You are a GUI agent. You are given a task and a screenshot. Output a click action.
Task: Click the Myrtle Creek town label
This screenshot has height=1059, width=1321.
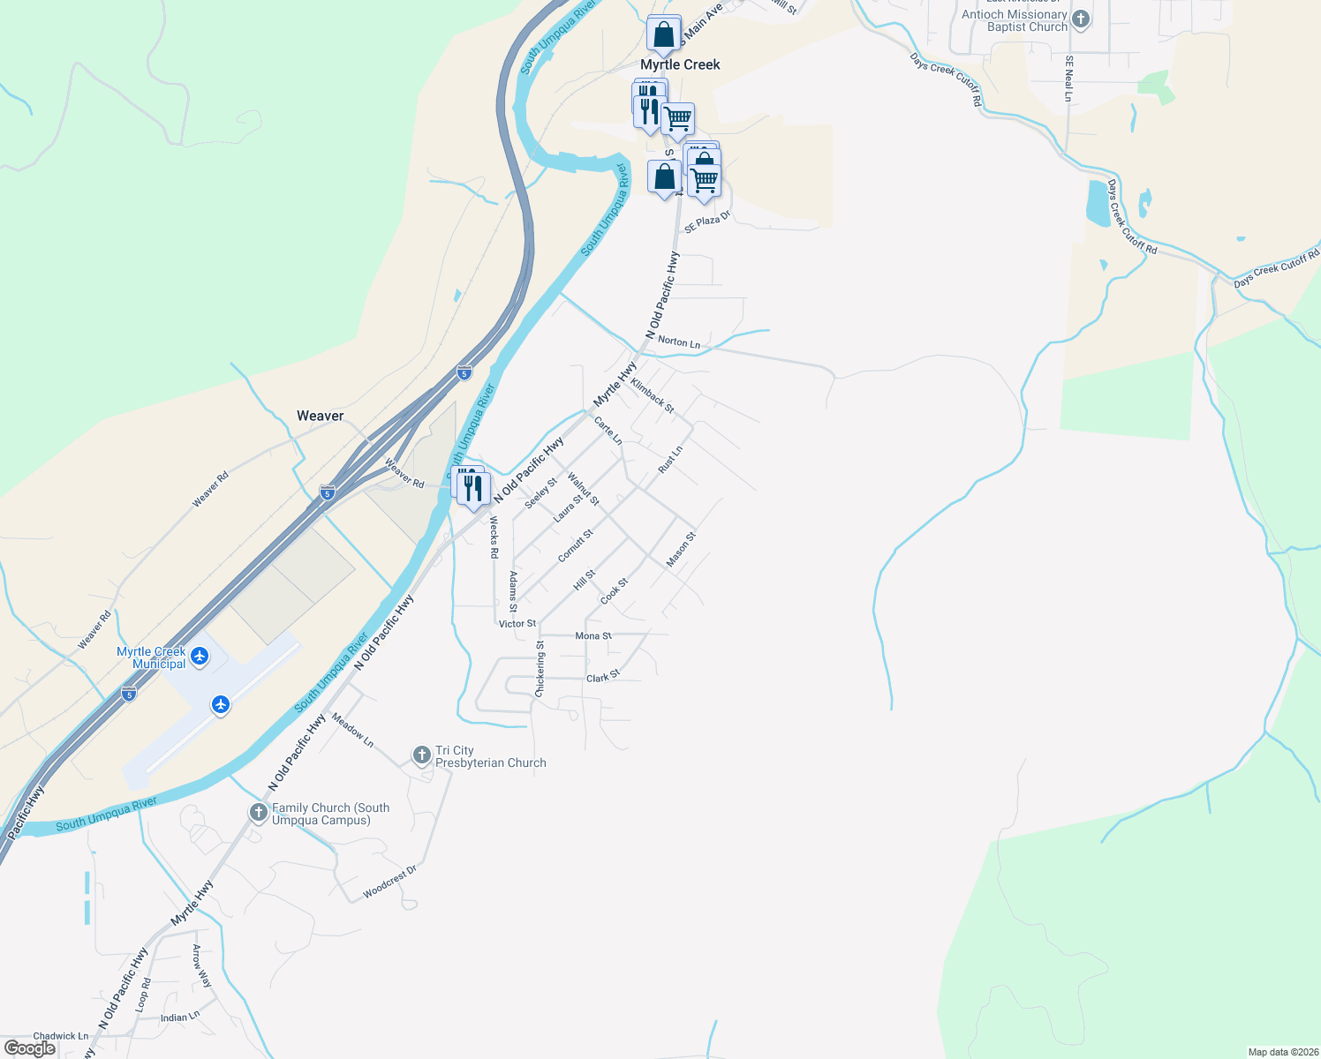[680, 64]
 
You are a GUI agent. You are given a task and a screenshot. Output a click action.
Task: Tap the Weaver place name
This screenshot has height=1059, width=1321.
[320, 416]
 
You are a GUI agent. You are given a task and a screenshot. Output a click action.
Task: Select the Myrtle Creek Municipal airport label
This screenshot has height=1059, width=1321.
[152, 657]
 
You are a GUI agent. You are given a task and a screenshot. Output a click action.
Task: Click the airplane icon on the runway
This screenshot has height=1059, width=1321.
[220, 704]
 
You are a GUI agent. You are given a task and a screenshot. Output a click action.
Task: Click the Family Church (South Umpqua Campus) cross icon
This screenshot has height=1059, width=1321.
[258, 813]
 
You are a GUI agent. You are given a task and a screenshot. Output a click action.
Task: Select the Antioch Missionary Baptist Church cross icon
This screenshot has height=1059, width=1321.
[1081, 19]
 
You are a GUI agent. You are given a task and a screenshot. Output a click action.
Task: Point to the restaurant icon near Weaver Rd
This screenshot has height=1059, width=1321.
[475, 488]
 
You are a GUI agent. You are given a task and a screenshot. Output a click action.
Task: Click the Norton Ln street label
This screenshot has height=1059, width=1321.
[679, 342]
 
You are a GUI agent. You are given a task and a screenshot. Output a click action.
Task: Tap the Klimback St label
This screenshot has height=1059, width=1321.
[653, 396]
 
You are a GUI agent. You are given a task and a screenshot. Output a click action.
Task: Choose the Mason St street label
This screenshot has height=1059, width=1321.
[681, 549]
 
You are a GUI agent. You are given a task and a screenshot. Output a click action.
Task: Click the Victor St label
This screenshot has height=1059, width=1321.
[517, 623]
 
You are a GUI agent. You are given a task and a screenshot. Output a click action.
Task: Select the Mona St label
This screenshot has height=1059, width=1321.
[593, 635]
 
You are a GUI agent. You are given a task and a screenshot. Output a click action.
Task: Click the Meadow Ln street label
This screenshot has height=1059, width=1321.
[352, 731]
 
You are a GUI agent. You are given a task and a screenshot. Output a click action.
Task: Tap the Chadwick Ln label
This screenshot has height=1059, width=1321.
[61, 1036]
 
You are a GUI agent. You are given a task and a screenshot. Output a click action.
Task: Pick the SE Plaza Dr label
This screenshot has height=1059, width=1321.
[707, 222]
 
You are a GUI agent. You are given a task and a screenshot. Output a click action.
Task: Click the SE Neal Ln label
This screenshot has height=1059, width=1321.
[1068, 79]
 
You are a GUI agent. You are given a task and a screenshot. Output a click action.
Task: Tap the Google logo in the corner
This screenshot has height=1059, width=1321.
[29, 1048]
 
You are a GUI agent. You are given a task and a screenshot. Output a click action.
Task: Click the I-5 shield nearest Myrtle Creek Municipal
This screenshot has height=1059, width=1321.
[129, 694]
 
